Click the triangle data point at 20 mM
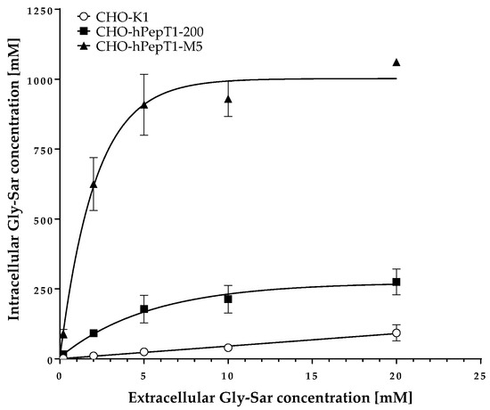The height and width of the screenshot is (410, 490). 396,62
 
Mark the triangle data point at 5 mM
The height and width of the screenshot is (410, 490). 144,105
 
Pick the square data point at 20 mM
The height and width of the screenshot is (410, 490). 396,283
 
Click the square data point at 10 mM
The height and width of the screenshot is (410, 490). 228,299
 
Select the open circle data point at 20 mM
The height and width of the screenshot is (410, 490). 396,333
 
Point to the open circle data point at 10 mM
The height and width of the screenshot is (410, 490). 228,347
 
